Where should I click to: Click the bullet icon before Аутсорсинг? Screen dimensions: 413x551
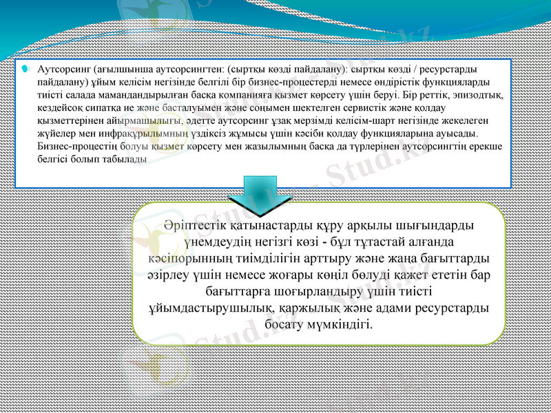[x=24, y=69]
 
